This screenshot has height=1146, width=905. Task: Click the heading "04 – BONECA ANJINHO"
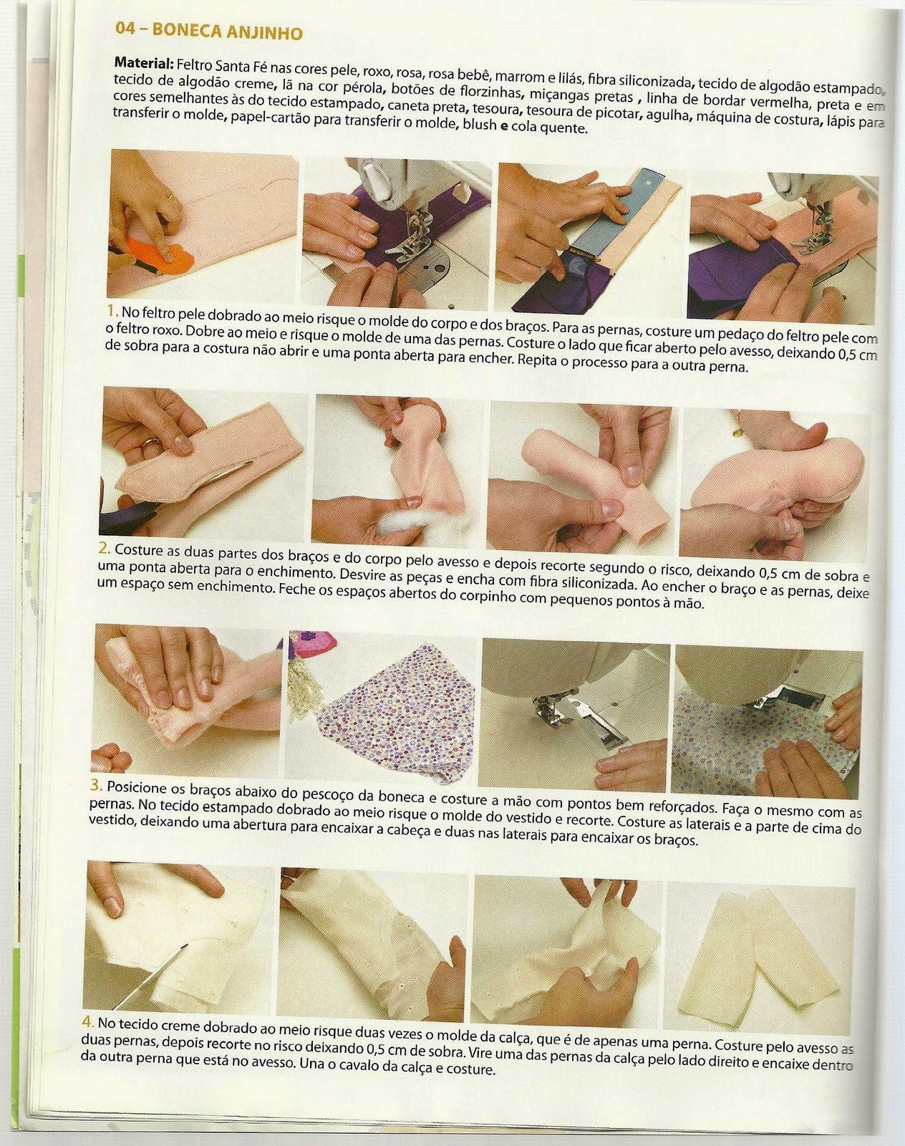pyautogui.click(x=208, y=31)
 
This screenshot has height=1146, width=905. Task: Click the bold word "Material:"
pyautogui.click(x=144, y=63)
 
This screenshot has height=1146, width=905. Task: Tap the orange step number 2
pyautogui.click(x=104, y=548)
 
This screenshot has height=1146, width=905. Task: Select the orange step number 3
pyautogui.click(x=96, y=785)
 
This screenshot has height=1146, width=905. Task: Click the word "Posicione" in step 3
pyautogui.click(x=140, y=788)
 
